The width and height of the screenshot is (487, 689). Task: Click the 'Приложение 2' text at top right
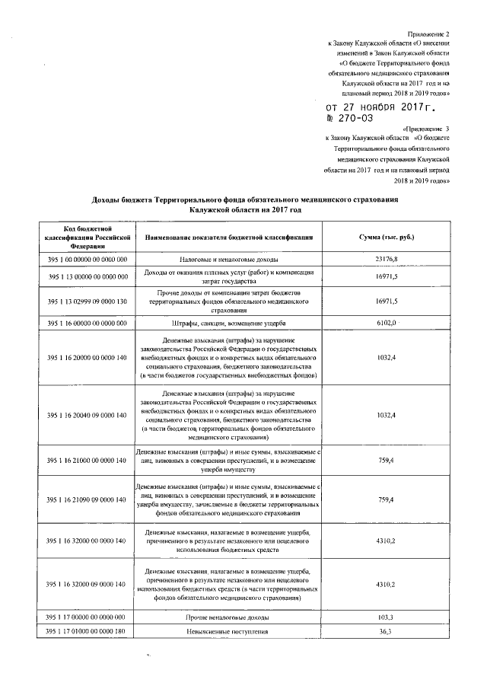(x=429, y=34)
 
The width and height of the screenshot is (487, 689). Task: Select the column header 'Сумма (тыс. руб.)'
(x=387, y=238)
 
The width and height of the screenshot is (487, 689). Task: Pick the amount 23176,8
(x=387, y=260)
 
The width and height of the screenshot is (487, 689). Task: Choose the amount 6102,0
(x=387, y=323)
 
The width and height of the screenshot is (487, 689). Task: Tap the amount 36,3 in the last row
(x=387, y=631)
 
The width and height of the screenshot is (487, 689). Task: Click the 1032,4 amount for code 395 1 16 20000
(x=387, y=357)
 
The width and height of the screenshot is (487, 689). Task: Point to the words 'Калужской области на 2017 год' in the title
(x=245, y=208)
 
